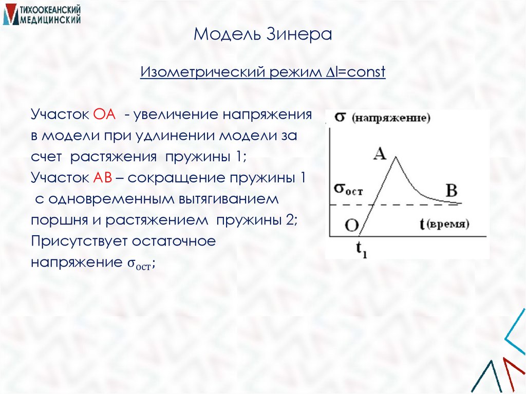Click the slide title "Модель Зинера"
[263, 35]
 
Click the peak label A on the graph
[380, 154]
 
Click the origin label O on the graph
[352, 224]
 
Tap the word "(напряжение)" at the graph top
[391, 119]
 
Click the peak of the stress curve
[394, 157]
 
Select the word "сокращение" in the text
[167, 178]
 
